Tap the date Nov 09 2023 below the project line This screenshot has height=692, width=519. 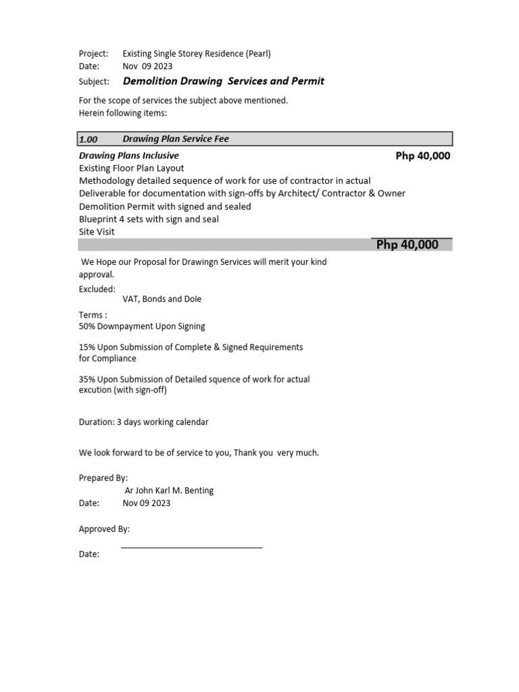coord(147,66)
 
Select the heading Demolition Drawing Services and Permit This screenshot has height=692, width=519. coord(223,81)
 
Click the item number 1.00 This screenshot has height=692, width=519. coord(89,139)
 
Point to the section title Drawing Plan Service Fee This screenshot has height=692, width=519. coord(176,139)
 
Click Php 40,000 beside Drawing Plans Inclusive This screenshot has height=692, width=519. coord(422,156)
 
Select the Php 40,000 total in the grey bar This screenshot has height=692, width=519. coord(407,245)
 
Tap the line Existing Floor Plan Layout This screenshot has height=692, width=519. coord(131,168)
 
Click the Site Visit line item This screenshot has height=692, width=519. coord(97,232)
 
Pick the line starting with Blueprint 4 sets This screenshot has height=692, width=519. coord(149,219)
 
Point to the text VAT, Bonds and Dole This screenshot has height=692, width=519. coord(162,299)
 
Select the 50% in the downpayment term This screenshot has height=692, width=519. coord(88,326)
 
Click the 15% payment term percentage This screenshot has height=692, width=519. coord(88,347)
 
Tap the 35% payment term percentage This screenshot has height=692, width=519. coord(88,380)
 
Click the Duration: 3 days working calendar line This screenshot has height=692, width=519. coord(143,422)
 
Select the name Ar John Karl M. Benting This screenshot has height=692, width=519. coord(170,491)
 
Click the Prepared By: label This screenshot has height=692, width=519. coord(103,478)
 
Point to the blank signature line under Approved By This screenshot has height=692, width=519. coord(191,547)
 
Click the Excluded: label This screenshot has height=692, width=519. coord(97,289)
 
